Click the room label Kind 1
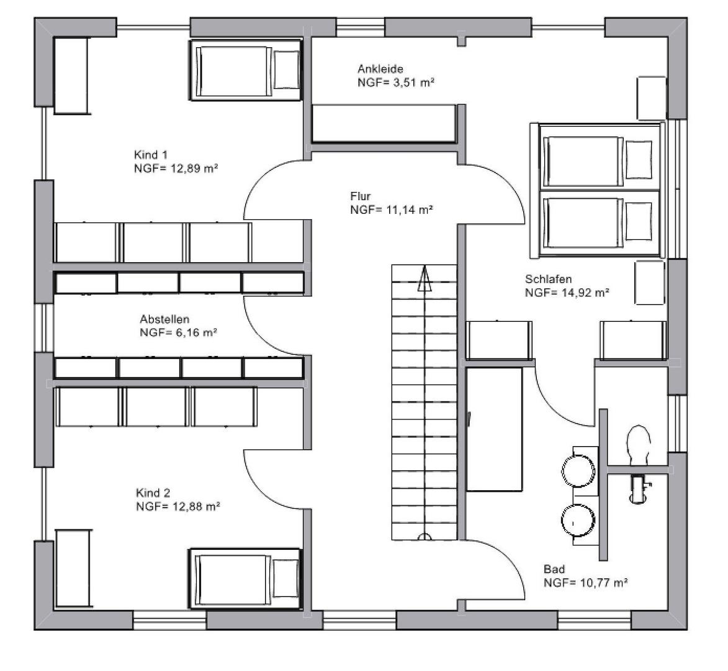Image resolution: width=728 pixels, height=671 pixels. (x=151, y=155)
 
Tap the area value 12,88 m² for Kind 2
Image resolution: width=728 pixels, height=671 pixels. (x=196, y=506)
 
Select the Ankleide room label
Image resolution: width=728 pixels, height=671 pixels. (x=380, y=69)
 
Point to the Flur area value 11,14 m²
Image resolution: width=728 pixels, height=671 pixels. (x=410, y=210)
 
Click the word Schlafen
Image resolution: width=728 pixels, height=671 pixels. (x=548, y=280)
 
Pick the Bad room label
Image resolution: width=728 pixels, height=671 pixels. (x=554, y=569)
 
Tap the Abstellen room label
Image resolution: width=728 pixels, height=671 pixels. (x=164, y=320)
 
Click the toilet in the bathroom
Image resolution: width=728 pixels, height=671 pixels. (x=639, y=444)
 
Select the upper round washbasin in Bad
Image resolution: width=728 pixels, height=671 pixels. (x=578, y=471)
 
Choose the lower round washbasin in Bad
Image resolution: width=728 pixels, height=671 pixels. (x=578, y=521)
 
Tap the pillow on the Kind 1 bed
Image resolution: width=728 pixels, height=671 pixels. (x=287, y=70)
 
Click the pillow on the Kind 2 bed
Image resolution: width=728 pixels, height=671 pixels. (x=286, y=578)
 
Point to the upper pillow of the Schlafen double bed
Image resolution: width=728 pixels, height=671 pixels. (x=639, y=160)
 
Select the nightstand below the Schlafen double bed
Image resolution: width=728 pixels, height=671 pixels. (x=650, y=283)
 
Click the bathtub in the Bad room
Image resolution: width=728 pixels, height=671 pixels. (x=494, y=429)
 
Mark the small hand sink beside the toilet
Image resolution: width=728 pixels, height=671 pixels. (x=639, y=488)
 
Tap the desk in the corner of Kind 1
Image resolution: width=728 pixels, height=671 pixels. (x=71, y=76)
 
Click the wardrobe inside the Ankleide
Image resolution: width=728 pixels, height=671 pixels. (x=384, y=124)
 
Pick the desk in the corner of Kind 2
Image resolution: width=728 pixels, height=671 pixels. (x=73, y=568)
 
